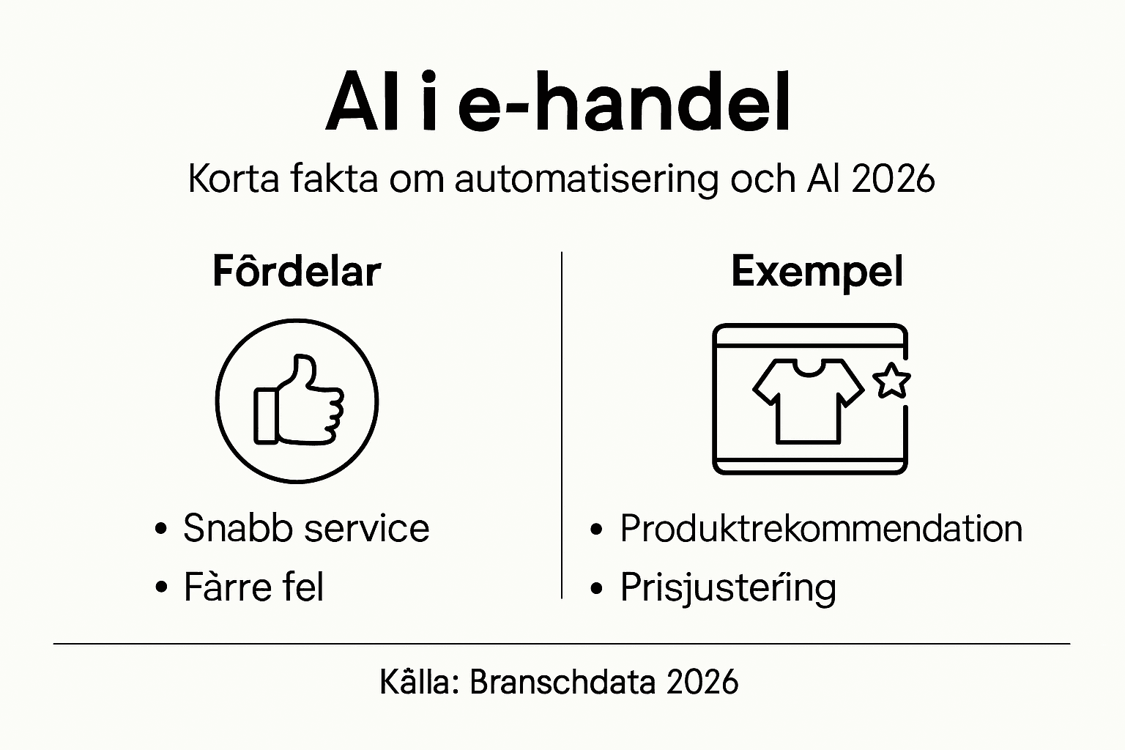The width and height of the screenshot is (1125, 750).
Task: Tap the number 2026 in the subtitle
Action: [x=894, y=178]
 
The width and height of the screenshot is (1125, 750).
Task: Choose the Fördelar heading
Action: [x=297, y=271]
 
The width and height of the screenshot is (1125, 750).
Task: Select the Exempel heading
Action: [x=817, y=272]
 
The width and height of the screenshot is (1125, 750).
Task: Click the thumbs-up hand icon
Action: [x=299, y=401]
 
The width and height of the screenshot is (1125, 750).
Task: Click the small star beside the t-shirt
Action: [x=891, y=381]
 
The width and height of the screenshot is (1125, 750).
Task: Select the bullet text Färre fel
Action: [x=253, y=587]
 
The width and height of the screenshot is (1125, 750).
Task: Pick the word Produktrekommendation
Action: [x=820, y=528]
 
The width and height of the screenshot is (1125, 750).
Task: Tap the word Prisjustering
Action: [x=727, y=588]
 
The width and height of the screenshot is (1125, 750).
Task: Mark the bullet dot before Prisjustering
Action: [x=598, y=588]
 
